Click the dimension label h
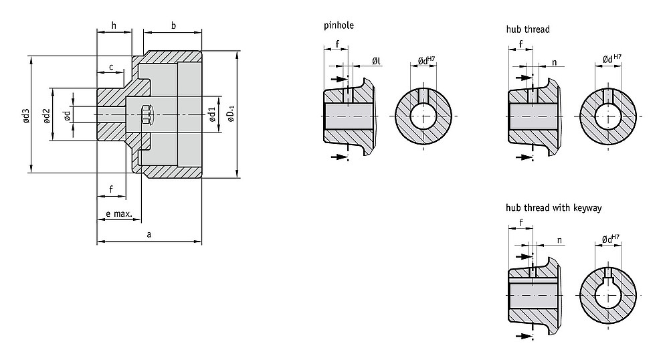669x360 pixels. [114, 25]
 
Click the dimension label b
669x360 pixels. [173, 25]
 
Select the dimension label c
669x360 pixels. [111, 67]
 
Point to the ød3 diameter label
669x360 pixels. [27, 116]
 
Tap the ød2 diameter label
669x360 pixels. [47, 116]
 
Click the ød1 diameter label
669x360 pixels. [212, 115]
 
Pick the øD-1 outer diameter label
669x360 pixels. [231, 114]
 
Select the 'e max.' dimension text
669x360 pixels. [119, 213]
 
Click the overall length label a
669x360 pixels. [149, 234]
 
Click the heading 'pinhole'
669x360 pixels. [339, 25]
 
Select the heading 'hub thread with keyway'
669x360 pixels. [554, 207]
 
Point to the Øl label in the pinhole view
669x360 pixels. [376, 62]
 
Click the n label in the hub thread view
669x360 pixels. [554, 62]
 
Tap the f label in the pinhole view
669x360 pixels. [337, 44]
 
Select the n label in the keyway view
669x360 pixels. [559, 241]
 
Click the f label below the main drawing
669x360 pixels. [111, 189]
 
